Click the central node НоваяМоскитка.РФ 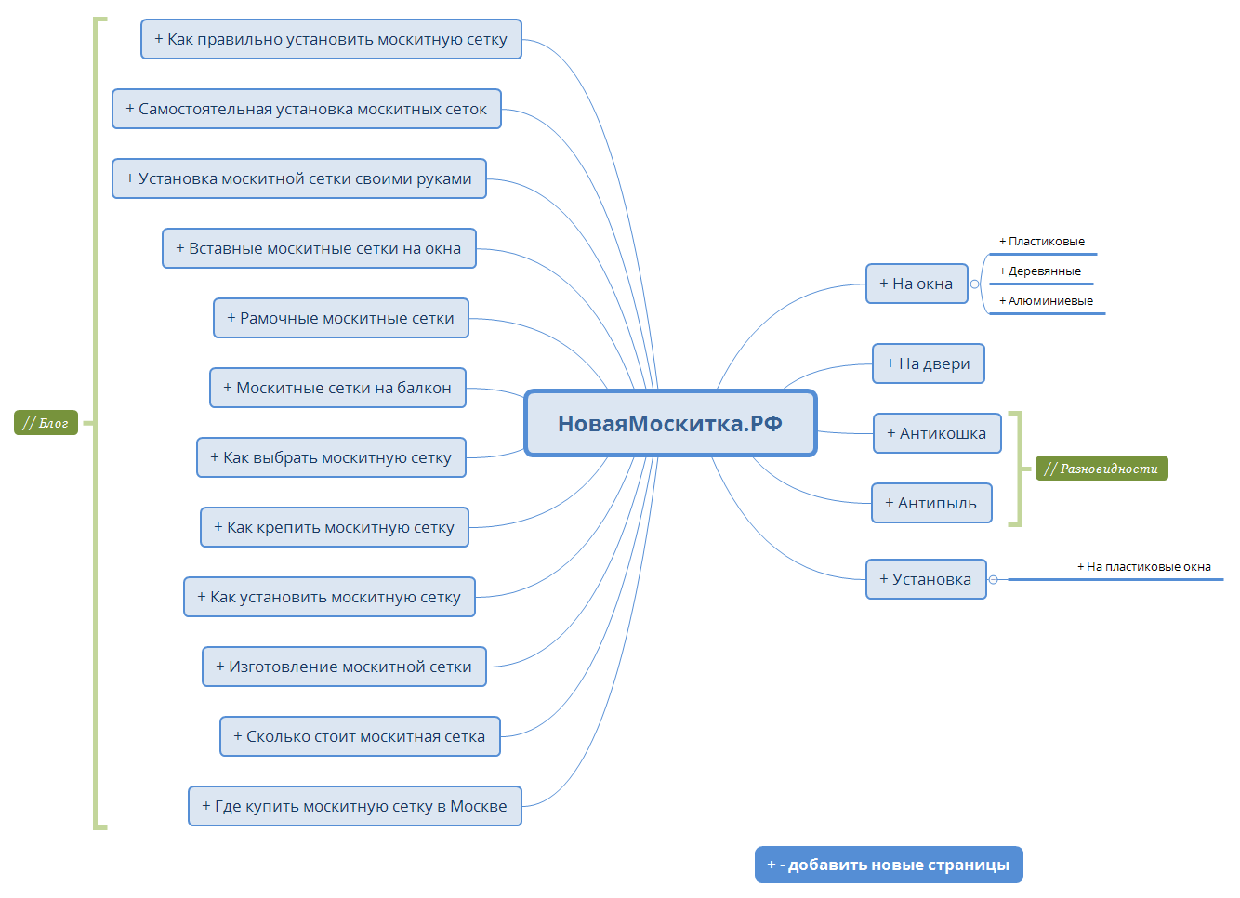click(670, 424)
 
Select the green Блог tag click(46, 423)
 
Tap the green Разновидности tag click(1101, 469)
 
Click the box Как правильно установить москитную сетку click(331, 39)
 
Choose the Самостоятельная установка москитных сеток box click(307, 109)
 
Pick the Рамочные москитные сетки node click(341, 318)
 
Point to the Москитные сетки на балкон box click(337, 388)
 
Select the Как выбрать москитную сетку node click(331, 457)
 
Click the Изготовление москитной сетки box click(344, 667)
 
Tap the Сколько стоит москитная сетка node click(360, 736)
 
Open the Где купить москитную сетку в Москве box click(354, 806)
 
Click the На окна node click(917, 284)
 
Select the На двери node click(928, 363)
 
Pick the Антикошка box click(937, 433)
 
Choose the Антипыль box click(931, 503)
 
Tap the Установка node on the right click(926, 579)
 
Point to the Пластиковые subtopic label click(1042, 242)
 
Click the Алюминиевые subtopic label click(1046, 301)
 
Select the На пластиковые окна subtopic click(1144, 567)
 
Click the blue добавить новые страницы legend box click(889, 865)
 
